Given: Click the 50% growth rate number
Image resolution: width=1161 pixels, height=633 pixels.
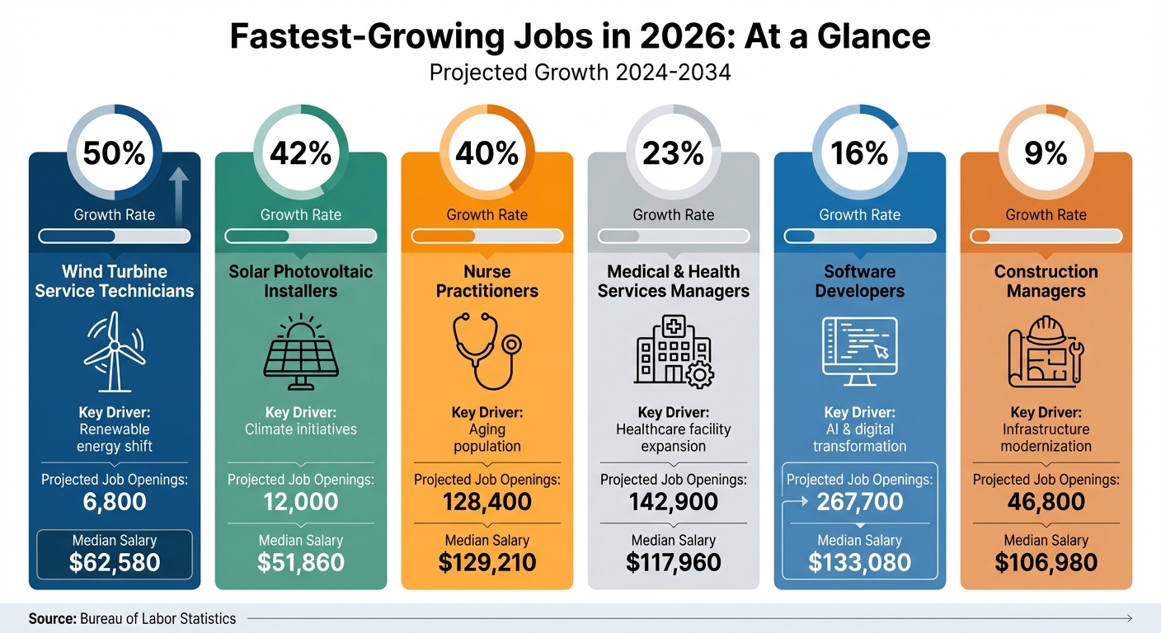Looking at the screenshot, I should (x=114, y=153).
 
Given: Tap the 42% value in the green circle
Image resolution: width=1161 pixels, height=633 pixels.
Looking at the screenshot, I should (x=300, y=153).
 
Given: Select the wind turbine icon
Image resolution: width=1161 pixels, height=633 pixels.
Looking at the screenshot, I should (x=114, y=352).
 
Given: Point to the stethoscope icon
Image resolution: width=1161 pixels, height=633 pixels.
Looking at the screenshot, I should (x=486, y=352).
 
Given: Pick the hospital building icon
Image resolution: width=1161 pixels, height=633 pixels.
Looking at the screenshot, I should (x=673, y=352).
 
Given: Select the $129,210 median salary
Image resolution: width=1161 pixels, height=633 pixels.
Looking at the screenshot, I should (x=486, y=563).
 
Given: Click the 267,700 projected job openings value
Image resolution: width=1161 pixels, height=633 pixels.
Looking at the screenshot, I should (x=859, y=502).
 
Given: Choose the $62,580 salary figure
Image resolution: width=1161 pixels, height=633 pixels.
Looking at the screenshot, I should (x=114, y=563).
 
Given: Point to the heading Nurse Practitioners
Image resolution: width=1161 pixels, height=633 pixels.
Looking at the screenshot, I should (x=486, y=281).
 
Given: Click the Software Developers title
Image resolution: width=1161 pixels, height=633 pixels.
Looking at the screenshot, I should (x=859, y=281).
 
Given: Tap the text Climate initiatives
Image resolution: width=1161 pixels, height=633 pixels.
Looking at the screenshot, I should (x=300, y=429).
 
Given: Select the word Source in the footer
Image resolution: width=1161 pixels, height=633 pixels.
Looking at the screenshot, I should (x=52, y=618).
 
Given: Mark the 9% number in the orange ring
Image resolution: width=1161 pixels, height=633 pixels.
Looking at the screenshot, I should (x=1046, y=153).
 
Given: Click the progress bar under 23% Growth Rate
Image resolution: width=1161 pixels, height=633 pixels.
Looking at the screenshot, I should (x=673, y=237).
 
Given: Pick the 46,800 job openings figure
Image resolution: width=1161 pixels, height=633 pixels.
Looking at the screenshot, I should (x=1046, y=502).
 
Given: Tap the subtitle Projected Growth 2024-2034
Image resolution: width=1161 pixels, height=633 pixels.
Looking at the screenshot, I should (x=580, y=73).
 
